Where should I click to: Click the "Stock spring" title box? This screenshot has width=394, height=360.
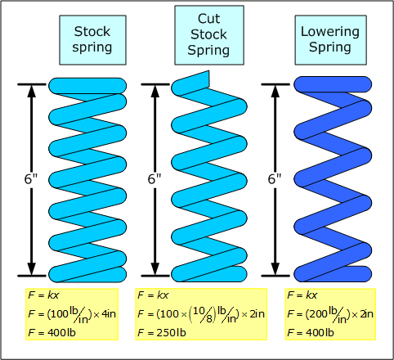click(x=92, y=40)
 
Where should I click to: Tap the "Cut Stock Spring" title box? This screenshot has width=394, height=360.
click(x=209, y=35)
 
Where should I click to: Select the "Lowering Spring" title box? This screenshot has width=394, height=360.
click(x=330, y=40)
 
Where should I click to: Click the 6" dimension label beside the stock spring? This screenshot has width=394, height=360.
click(x=31, y=179)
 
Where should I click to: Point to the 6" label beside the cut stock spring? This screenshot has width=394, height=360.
click(x=154, y=179)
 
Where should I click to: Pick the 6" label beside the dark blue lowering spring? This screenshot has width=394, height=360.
click(x=275, y=179)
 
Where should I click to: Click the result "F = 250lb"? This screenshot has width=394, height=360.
click(x=162, y=333)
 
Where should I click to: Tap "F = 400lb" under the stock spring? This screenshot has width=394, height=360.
click(x=51, y=333)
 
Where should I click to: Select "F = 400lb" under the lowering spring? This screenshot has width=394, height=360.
click(x=311, y=333)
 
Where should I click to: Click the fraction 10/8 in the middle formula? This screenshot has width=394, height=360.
click(x=203, y=314)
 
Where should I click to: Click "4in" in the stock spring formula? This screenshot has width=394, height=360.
click(x=109, y=314)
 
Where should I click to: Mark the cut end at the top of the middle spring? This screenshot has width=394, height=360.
click(x=209, y=79)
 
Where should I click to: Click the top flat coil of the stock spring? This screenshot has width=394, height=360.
click(x=87, y=86)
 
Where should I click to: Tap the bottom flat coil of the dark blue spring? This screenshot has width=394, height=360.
click(x=333, y=274)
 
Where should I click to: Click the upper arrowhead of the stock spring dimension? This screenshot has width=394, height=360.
click(x=32, y=91)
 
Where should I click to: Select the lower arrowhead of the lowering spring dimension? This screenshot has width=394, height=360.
click(x=275, y=269)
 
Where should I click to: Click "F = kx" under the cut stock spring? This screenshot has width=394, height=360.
click(x=153, y=295)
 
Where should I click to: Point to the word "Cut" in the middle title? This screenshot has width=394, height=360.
click(x=208, y=19)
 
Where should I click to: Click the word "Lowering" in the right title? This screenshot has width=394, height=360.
click(x=330, y=32)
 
